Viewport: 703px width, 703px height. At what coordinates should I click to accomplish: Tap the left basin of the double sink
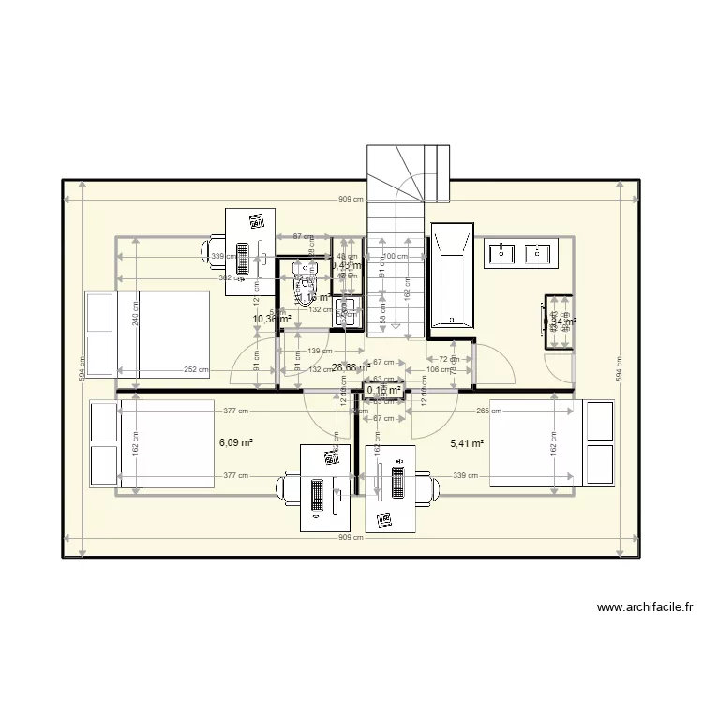(502, 252)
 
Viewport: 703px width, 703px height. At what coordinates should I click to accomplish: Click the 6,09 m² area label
(237, 443)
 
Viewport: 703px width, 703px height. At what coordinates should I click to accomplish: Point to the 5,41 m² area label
(467, 443)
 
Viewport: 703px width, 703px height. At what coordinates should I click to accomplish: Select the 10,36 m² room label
(272, 320)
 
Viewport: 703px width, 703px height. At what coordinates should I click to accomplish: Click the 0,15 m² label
(384, 390)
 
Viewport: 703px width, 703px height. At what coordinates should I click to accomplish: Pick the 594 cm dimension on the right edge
(619, 367)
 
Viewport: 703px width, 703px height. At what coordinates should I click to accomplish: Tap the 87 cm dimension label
(303, 237)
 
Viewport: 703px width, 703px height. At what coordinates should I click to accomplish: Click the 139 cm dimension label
(319, 351)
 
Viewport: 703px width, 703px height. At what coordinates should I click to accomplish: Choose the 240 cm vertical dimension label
(137, 320)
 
